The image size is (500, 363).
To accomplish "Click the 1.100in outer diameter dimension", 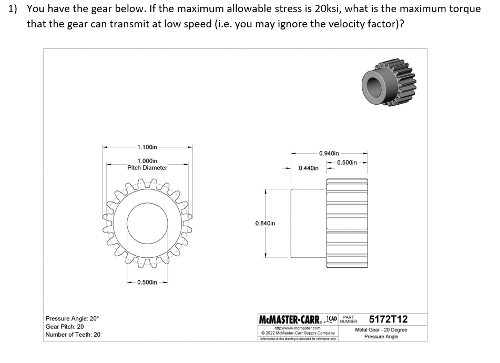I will pyautogui.click(x=147, y=147).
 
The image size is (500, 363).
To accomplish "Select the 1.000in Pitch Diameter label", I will pyautogui.click(x=147, y=164).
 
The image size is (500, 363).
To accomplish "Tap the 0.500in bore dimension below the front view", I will pyautogui.click(x=147, y=283).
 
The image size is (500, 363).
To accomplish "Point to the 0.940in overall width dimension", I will pyautogui.click(x=329, y=153).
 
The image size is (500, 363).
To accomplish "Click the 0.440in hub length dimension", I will pyautogui.click(x=308, y=168).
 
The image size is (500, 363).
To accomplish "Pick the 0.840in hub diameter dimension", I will pyautogui.click(x=265, y=223).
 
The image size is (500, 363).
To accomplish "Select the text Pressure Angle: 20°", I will pyautogui.click(x=72, y=319).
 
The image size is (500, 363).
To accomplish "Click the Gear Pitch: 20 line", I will pyautogui.click(x=65, y=327).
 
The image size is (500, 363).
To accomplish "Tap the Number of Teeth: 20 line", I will pyautogui.click(x=73, y=335).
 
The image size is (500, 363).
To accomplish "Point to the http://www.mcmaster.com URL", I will pyautogui.click(x=298, y=328).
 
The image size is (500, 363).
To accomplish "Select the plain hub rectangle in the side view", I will pyautogui.click(x=309, y=224).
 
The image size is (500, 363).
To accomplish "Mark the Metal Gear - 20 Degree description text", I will pyautogui.click(x=381, y=330).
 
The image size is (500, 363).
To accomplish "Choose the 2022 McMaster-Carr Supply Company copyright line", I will pyautogui.click(x=298, y=333).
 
